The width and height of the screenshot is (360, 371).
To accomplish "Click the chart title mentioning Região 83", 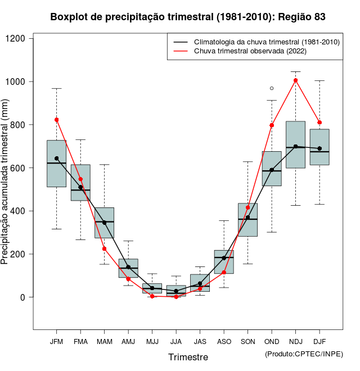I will (x=188, y=17).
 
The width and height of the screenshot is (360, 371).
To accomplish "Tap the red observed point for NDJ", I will (x=296, y=80).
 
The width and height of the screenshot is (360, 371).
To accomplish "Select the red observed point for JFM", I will (x=56, y=120).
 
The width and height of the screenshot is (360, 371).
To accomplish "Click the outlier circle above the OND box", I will (x=272, y=88).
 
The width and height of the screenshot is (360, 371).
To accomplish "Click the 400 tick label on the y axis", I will (x=21, y=211).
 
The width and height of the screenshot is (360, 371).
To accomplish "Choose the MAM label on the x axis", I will (x=104, y=342).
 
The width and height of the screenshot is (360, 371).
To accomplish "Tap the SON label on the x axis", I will (x=247, y=342).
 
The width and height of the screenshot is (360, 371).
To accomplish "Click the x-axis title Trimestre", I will (x=188, y=357).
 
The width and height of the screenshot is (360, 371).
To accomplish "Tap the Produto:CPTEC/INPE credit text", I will (x=304, y=354).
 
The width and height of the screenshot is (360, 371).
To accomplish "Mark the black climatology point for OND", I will (x=272, y=170).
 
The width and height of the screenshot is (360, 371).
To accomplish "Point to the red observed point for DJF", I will (x=319, y=123).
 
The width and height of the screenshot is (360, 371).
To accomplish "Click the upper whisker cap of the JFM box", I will (x=56, y=88).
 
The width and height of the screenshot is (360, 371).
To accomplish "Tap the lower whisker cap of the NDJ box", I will (x=296, y=205).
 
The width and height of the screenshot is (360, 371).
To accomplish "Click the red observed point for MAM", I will (x=104, y=249).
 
